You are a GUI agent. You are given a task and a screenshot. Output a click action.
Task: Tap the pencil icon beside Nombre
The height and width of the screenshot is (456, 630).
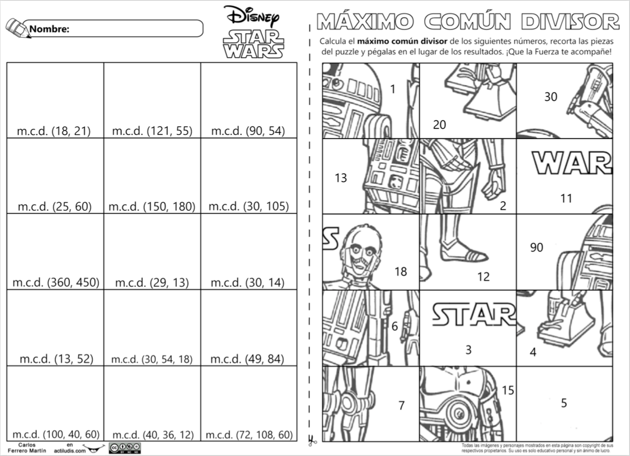[18, 28]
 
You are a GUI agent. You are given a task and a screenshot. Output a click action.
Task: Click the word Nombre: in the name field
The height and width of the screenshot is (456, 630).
[49, 29]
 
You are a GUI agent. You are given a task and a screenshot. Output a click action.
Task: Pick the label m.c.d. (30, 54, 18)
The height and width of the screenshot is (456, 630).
[152, 359]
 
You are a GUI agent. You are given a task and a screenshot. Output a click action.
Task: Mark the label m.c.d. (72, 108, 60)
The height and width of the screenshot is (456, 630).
[249, 435]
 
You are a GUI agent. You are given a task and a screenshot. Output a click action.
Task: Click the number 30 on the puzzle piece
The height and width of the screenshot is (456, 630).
[551, 96]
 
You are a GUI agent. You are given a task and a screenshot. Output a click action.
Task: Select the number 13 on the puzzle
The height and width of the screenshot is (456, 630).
[341, 178]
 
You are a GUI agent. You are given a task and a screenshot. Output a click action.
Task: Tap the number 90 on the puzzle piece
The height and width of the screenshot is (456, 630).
[537, 247]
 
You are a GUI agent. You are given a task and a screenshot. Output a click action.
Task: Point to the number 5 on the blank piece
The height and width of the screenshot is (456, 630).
[564, 403]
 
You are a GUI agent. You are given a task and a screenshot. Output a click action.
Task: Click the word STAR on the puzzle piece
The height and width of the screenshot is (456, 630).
[474, 314]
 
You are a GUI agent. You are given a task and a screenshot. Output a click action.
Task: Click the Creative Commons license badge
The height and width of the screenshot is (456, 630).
[125, 448]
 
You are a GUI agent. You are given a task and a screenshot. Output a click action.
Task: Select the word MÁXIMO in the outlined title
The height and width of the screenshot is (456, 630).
[365, 22]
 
